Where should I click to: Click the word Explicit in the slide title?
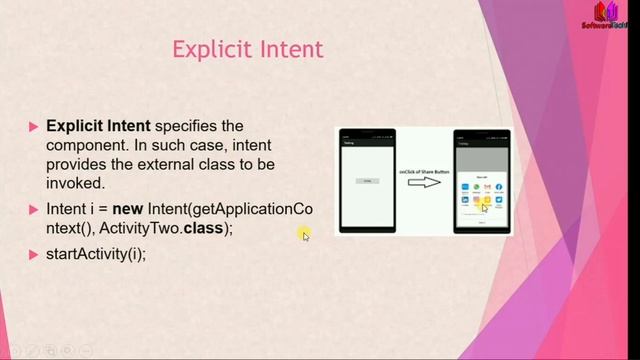(207, 49)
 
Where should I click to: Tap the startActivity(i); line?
(96, 253)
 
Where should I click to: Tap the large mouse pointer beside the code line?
(305, 234)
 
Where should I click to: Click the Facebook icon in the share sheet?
(498, 187)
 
